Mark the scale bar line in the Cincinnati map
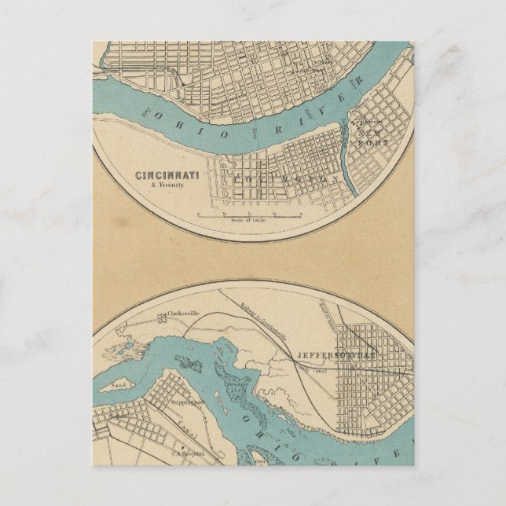point(251,214)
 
